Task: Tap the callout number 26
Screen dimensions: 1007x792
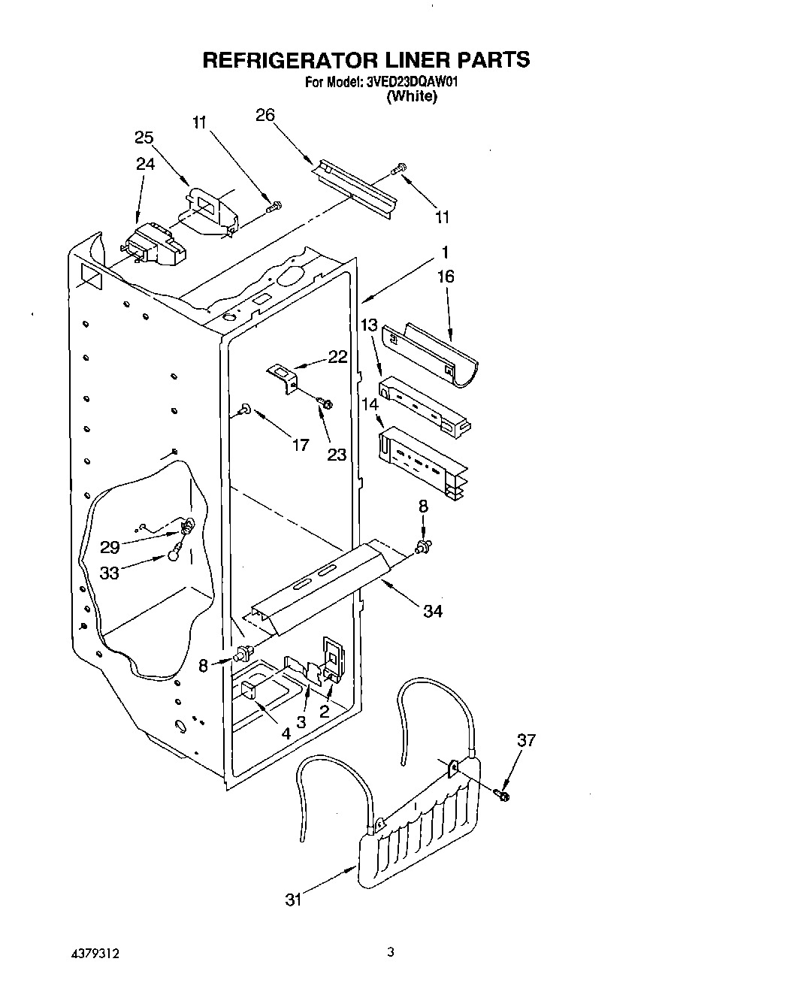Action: (x=265, y=115)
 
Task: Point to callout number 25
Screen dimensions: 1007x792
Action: (x=144, y=138)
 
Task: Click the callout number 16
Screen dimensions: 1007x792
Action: (x=446, y=277)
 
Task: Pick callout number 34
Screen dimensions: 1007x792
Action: (x=432, y=611)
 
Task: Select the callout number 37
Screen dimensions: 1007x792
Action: (x=526, y=740)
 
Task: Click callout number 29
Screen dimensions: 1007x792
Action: (x=110, y=548)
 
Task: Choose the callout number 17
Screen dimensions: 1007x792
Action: (x=300, y=446)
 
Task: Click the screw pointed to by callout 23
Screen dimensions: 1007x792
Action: (x=325, y=405)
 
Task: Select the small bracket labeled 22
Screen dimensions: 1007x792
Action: (x=283, y=377)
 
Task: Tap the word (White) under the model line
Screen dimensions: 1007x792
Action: (x=411, y=97)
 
